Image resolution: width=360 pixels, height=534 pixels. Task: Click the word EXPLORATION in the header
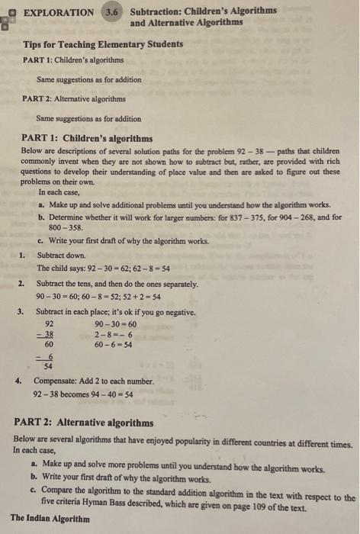[59, 12]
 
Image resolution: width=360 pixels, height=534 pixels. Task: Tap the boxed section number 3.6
[112, 12]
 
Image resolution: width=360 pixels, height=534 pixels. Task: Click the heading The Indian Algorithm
[50, 519]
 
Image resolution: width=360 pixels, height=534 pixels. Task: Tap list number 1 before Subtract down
[23, 255]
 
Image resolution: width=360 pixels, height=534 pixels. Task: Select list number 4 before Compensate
[23, 381]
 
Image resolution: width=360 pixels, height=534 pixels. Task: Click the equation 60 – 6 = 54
[114, 344]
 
